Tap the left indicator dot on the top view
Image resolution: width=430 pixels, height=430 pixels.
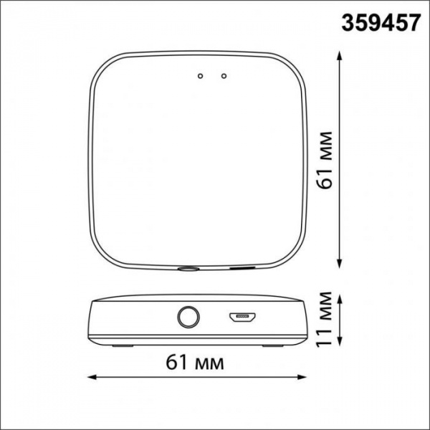coord(201,75)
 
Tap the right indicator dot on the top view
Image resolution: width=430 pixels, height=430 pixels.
coord(224,75)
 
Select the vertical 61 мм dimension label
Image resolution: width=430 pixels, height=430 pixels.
coord(327,158)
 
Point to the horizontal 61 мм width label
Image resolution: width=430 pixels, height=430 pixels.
coord(199,362)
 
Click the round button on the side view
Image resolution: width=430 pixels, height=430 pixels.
coord(188,317)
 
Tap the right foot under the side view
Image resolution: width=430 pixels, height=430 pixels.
coord(273,345)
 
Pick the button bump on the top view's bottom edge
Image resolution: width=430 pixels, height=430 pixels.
coord(188,270)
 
